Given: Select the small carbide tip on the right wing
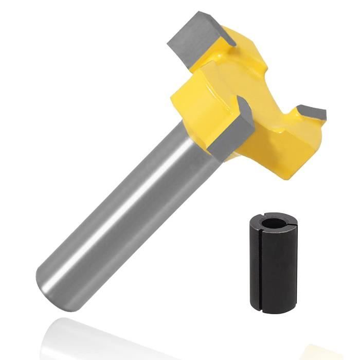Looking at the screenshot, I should (311, 112).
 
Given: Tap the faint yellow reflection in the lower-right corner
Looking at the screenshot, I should (329, 350).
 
